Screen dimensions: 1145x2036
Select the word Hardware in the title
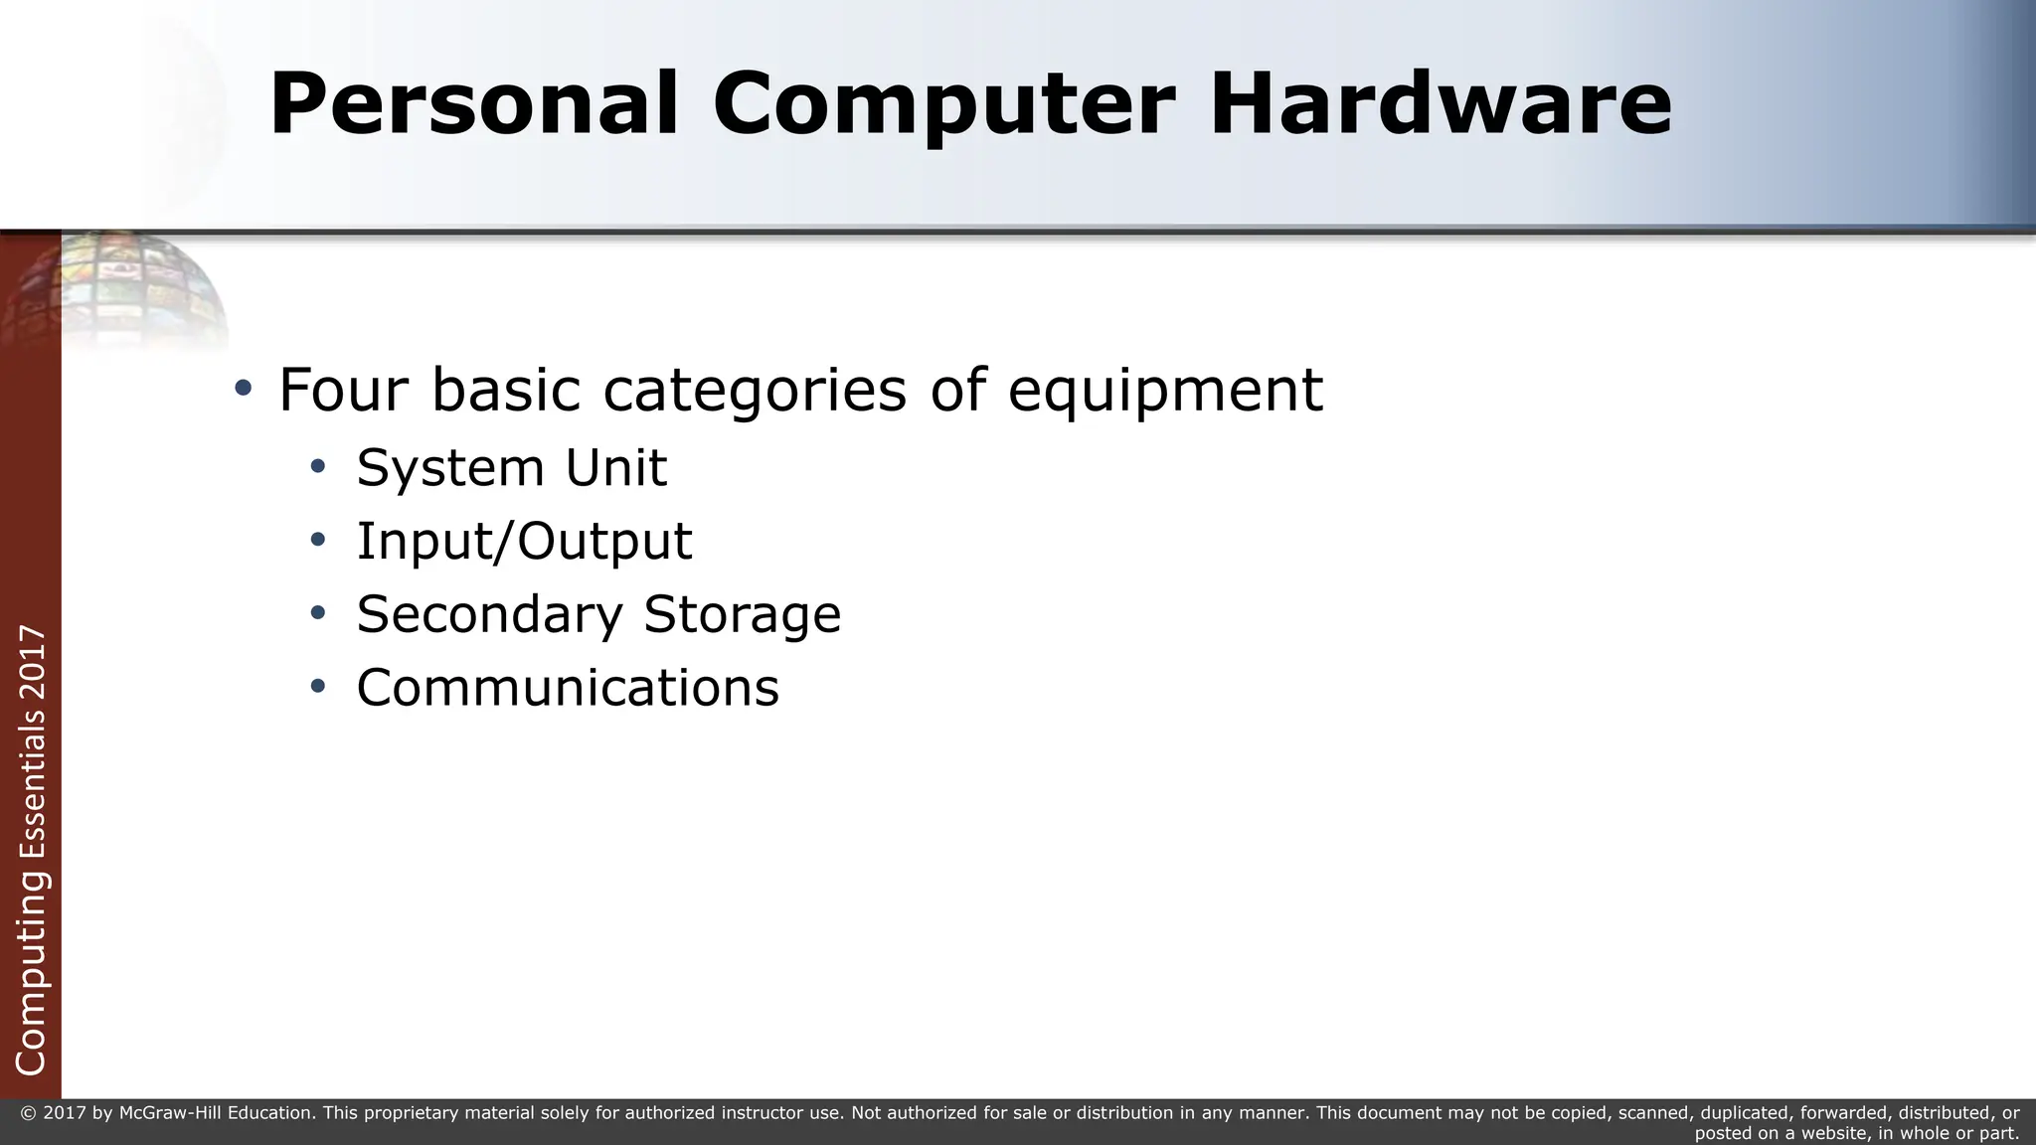pos(1441,104)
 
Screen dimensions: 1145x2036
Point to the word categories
pos(755,391)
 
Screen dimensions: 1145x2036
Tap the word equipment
pos(1165,391)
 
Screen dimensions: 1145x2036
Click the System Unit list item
pos(511,467)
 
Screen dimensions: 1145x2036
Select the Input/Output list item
pos(524,542)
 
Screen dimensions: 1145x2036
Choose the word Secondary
pos(488,614)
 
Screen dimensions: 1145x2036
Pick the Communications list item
pos(568,688)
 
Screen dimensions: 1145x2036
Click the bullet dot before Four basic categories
pos(243,388)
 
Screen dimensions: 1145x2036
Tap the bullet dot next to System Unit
pos(317,466)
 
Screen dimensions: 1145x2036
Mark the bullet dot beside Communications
pos(317,686)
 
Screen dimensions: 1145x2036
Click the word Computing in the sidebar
pos(32,974)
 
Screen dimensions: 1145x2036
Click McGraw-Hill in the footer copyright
pos(170,1113)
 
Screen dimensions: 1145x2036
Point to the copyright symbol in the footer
pos(27,1113)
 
